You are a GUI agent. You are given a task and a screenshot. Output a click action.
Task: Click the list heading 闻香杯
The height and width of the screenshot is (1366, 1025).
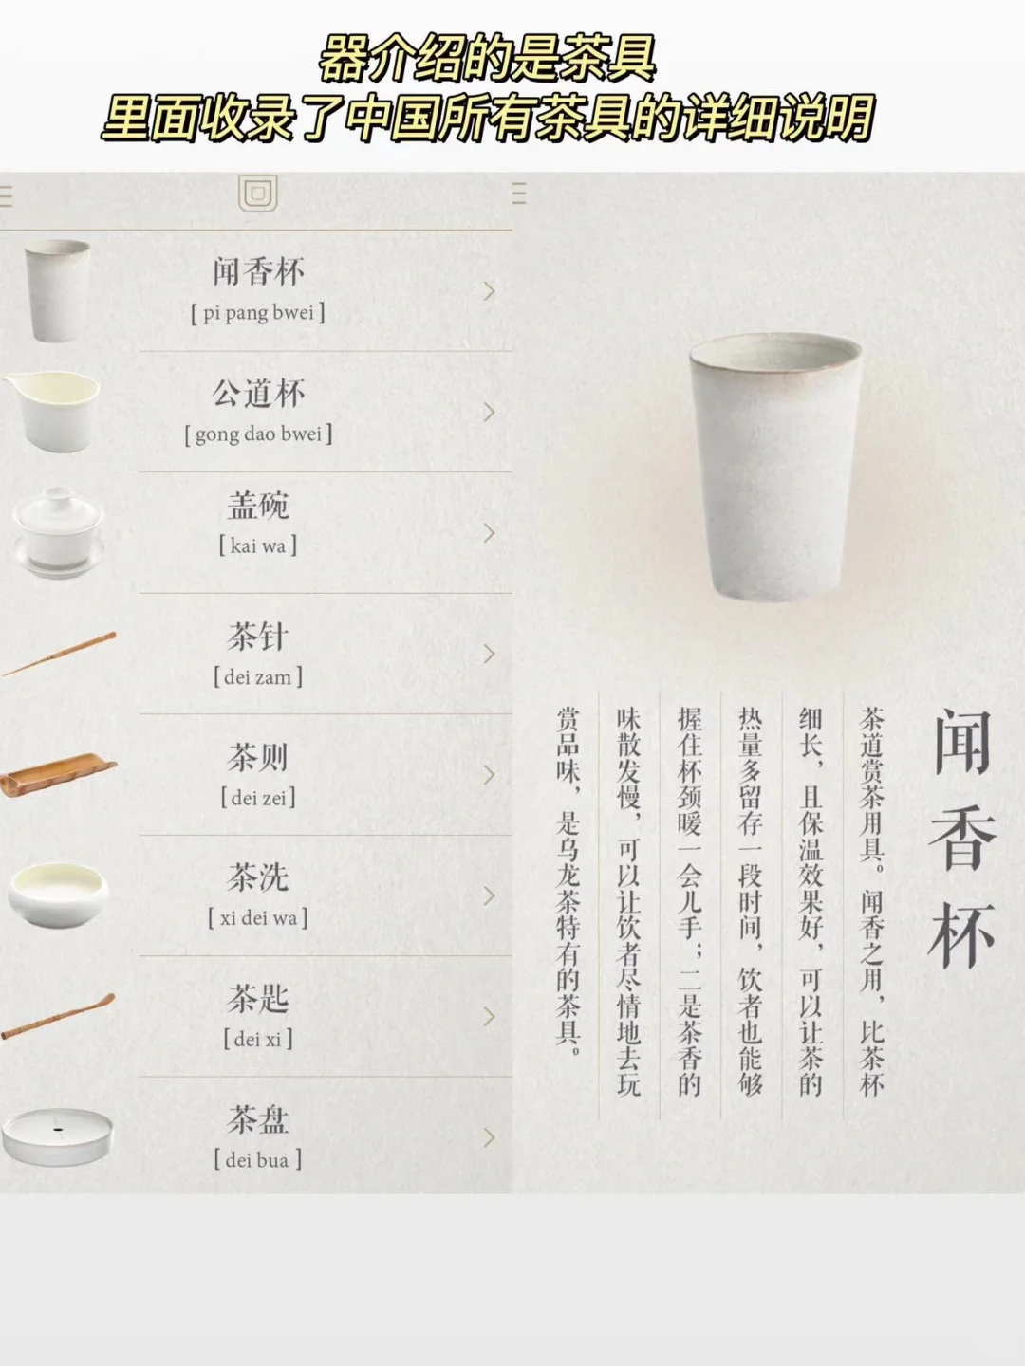click(258, 272)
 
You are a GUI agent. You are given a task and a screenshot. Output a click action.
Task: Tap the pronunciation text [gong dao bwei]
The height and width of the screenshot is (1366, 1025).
click(258, 434)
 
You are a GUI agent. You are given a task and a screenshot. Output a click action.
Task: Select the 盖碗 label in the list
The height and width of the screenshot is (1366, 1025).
click(258, 506)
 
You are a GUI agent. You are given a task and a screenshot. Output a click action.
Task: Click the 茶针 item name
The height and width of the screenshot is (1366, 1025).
click(258, 637)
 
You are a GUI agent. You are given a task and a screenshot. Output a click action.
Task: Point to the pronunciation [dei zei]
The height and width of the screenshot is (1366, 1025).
click(258, 798)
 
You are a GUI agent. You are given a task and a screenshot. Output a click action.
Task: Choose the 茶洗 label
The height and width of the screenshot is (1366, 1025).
click(258, 877)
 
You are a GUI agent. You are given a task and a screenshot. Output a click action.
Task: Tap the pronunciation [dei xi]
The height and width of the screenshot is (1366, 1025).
click(258, 1040)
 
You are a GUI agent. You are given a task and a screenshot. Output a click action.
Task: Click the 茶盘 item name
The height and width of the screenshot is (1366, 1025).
click(258, 1120)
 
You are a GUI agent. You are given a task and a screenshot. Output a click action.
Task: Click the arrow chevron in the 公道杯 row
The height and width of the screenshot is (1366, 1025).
click(490, 412)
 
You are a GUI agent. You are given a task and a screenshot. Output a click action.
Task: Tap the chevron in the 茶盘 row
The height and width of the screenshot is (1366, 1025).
click(490, 1137)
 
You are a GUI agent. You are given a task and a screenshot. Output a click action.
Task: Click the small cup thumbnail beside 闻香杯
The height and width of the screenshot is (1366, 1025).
click(57, 289)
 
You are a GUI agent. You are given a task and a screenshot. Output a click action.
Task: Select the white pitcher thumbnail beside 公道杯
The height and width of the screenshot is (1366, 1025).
click(54, 411)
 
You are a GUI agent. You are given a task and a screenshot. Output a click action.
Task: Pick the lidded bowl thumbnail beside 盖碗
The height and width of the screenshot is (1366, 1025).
click(57, 532)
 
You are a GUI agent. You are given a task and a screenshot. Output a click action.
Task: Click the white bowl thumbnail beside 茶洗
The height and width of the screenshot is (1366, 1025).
click(59, 894)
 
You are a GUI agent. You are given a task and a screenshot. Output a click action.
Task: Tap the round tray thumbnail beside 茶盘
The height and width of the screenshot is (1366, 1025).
click(57, 1135)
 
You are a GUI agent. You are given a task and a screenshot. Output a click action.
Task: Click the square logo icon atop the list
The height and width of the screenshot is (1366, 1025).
click(257, 194)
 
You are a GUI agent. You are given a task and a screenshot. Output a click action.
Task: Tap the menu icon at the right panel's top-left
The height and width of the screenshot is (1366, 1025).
click(519, 194)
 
